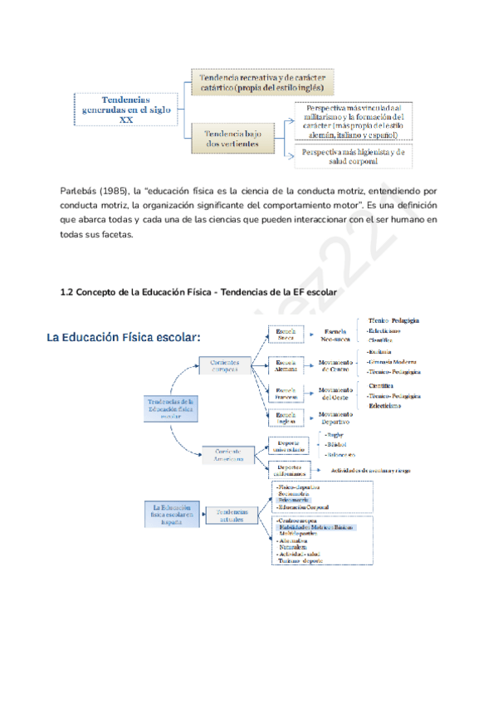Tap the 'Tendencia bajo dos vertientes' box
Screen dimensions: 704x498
pos(227,138)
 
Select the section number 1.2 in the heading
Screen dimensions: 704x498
pos(67,291)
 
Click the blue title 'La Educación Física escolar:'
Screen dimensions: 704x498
pos(124,338)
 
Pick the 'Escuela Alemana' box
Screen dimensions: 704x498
pos(286,366)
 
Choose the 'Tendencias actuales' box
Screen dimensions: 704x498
pos(232,516)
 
